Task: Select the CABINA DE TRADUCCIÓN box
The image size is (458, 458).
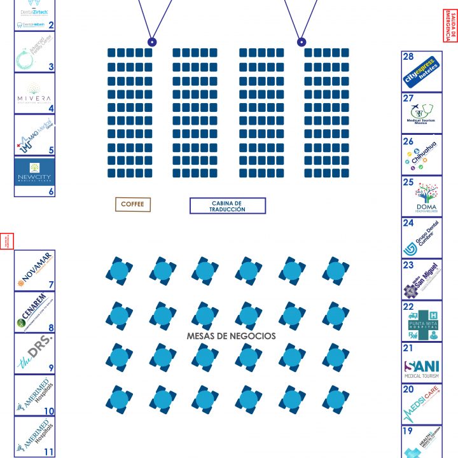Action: point(227,205)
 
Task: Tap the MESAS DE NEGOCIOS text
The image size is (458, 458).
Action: point(232,335)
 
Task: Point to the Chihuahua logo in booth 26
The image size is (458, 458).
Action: point(421,155)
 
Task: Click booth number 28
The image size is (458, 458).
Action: point(408,57)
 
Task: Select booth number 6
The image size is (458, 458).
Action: point(51,191)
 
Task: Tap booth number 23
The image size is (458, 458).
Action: point(408,265)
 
